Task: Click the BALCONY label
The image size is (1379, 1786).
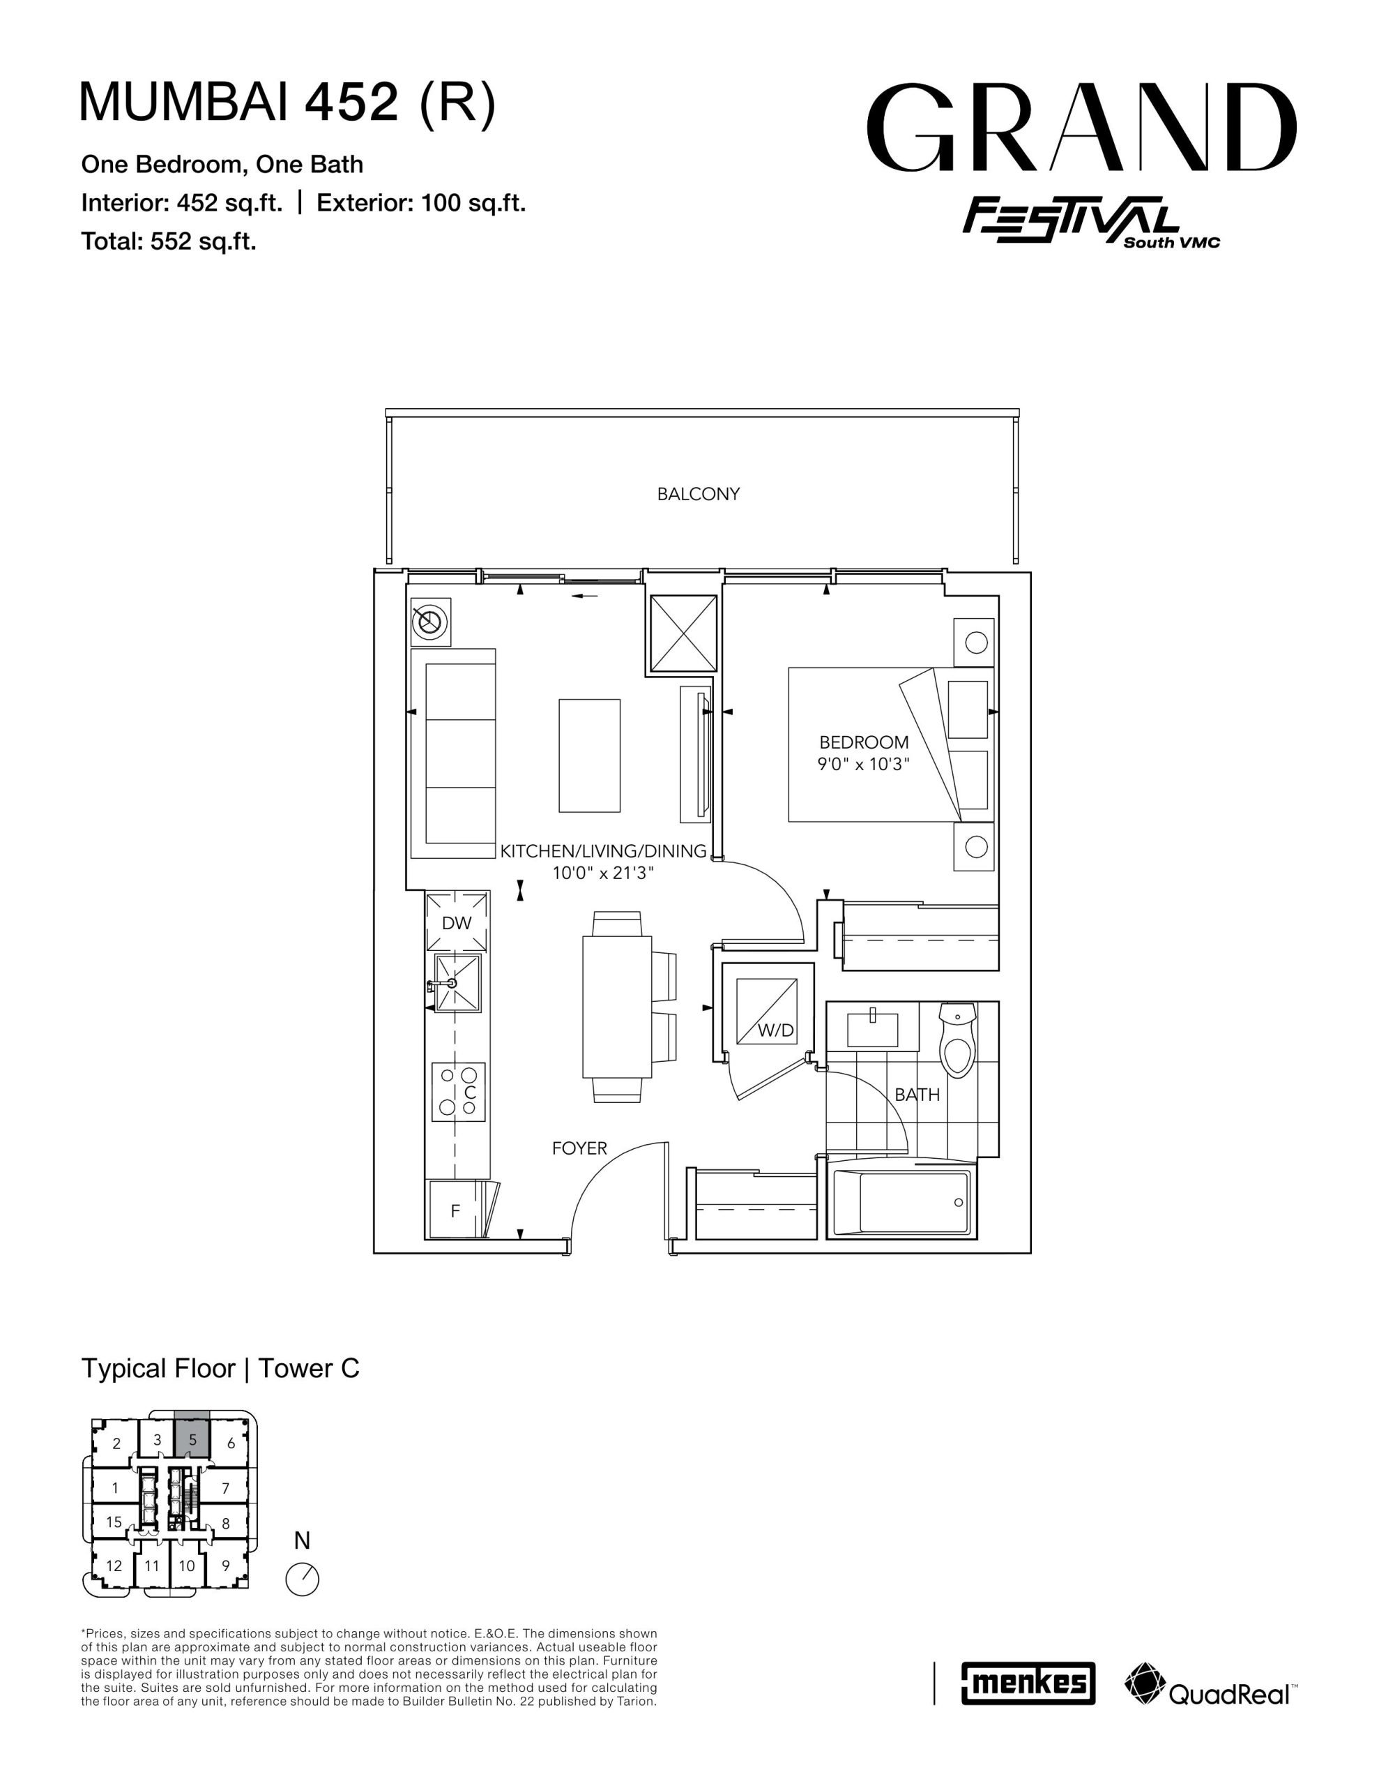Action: (x=698, y=494)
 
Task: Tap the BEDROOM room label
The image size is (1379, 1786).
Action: (x=864, y=742)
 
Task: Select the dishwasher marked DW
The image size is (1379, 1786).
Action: (x=456, y=922)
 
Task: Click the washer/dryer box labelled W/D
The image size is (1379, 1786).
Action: (x=766, y=1011)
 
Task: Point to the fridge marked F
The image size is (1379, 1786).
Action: (x=455, y=1210)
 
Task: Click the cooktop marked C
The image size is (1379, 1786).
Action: (x=459, y=1092)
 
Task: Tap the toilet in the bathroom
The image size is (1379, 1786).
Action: (x=957, y=1040)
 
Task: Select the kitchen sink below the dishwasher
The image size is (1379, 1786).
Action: (x=457, y=983)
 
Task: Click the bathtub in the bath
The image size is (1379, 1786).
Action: (x=900, y=1202)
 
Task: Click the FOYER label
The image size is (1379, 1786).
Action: (x=579, y=1148)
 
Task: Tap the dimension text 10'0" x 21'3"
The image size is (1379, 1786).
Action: (x=603, y=873)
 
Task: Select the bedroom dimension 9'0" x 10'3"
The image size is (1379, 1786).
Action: (x=864, y=765)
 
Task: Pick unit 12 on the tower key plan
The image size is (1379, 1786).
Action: (x=114, y=1566)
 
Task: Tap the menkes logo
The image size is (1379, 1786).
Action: (x=1028, y=1683)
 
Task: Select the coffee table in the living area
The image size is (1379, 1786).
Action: (x=589, y=756)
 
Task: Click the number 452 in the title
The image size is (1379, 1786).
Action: (x=351, y=103)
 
